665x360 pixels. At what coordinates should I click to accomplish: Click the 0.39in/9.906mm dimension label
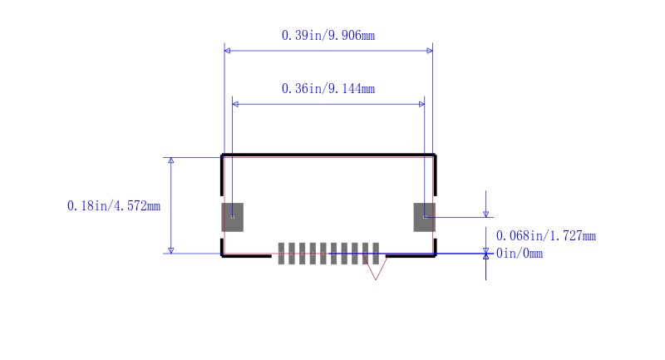coord(328,35)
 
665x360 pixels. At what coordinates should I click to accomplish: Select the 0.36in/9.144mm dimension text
coord(328,89)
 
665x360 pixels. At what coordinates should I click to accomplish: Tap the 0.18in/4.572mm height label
coord(114,205)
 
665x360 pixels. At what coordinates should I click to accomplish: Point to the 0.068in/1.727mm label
coord(546,236)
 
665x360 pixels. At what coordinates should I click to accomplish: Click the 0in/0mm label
coord(519,254)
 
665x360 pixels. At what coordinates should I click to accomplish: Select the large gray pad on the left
coord(233,217)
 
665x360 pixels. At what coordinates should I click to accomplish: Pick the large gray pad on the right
coord(425,217)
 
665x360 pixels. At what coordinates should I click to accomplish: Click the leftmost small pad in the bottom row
coord(281,254)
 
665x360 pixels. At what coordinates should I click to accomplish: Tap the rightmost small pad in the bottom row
coord(376,254)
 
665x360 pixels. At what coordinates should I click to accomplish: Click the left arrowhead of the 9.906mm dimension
coord(227,51)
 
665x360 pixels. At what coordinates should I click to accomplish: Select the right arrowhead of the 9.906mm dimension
coord(430,51)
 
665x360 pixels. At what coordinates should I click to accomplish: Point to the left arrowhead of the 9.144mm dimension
coord(235,104)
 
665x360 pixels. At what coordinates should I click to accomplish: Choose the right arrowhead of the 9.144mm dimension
coord(421,104)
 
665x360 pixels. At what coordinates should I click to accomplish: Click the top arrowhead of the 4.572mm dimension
coord(171,160)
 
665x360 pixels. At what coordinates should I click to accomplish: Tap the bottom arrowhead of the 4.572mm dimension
coord(171,250)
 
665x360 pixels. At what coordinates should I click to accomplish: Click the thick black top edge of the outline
coord(328,155)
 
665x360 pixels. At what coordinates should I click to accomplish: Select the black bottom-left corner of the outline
coord(222,256)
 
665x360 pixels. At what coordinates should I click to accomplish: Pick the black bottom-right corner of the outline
coord(435,256)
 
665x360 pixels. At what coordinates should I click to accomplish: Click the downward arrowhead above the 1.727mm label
coord(486,215)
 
